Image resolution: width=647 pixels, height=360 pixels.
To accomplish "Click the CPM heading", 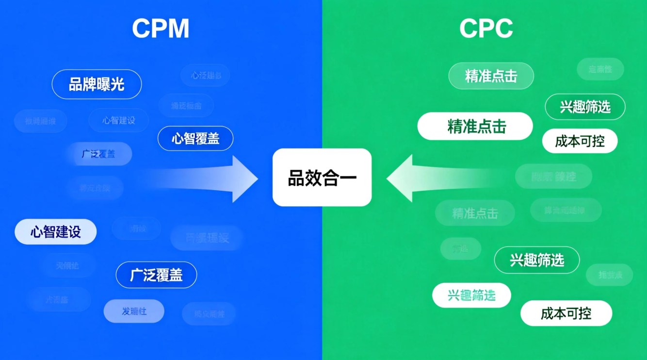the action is click(161, 29).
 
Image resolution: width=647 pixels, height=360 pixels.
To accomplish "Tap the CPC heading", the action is click(486, 29).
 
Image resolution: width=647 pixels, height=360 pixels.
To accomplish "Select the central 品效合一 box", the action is click(322, 178).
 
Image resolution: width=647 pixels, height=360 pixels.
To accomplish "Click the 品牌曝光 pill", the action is click(97, 84).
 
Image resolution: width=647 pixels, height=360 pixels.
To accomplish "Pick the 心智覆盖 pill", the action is click(195, 139).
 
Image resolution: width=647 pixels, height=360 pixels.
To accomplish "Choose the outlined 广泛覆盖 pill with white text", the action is click(156, 275).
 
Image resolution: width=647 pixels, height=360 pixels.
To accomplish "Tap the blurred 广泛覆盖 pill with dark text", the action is click(99, 154).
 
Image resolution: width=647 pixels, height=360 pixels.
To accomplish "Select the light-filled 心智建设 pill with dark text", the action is click(56, 232).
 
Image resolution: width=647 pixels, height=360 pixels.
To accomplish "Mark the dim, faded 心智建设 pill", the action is click(119, 120).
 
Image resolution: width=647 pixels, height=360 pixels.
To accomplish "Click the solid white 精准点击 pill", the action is click(475, 127).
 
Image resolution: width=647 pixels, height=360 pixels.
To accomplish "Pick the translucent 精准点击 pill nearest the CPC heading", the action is click(491, 76).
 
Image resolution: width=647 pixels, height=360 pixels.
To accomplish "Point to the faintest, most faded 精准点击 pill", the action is click(475, 213).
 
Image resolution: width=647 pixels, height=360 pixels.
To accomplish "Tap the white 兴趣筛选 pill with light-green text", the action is click(471, 295).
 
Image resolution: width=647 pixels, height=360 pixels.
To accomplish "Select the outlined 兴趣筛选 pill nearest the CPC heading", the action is click(585, 107).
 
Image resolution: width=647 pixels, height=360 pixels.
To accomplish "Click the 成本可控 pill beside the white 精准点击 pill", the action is click(580, 141).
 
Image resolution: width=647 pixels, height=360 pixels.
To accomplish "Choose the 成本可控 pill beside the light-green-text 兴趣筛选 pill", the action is click(566, 313).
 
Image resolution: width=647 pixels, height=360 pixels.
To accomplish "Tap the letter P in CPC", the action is click(486, 29).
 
